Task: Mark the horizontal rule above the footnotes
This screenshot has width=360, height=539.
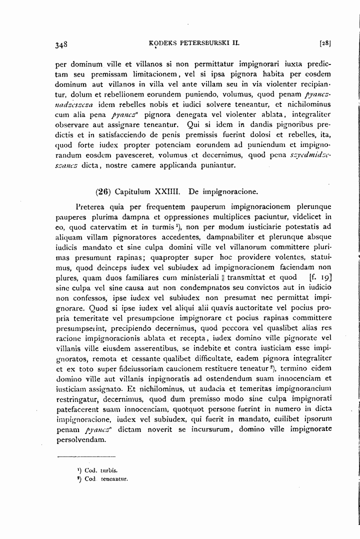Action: pos(86,456)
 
